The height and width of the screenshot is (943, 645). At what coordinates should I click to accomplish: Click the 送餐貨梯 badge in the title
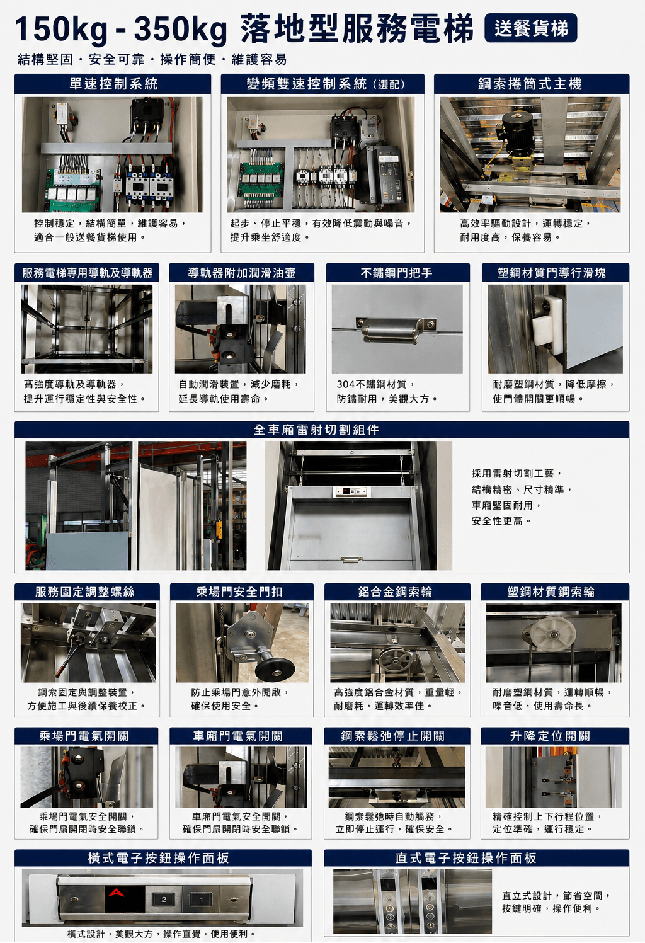tap(530, 28)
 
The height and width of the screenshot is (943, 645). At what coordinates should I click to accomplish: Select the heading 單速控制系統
tap(113, 84)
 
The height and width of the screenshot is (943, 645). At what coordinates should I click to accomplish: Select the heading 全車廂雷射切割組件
tap(316, 430)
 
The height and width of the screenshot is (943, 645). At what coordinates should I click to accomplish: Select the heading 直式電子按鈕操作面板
tap(465, 858)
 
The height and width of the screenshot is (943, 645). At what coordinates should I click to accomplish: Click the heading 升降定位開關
tap(550, 736)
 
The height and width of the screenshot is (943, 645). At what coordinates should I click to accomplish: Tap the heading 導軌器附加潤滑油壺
tap(242, 273)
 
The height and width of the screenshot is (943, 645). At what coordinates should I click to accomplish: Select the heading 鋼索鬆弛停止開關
tap(393, 736)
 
